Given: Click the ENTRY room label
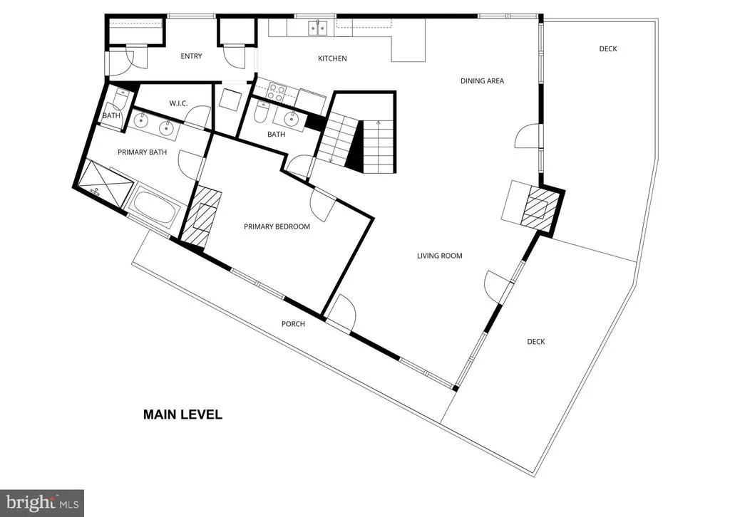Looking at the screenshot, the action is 191,56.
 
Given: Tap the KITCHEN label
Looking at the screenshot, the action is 332,58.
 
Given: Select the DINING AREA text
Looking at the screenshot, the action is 483,81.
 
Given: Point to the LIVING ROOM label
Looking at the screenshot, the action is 439,256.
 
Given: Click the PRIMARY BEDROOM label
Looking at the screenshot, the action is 277,227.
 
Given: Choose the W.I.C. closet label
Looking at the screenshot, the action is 178,103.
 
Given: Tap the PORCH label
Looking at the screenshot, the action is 293,324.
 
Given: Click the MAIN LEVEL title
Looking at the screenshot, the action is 182,414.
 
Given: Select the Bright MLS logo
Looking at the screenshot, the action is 42,503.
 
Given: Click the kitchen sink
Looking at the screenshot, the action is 318,28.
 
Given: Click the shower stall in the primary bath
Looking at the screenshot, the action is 104,182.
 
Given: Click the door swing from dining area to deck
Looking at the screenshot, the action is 527,136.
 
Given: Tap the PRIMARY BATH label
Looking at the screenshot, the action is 142,152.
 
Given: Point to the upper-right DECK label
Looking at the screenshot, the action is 608,49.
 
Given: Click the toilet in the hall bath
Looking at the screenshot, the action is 260,112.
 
